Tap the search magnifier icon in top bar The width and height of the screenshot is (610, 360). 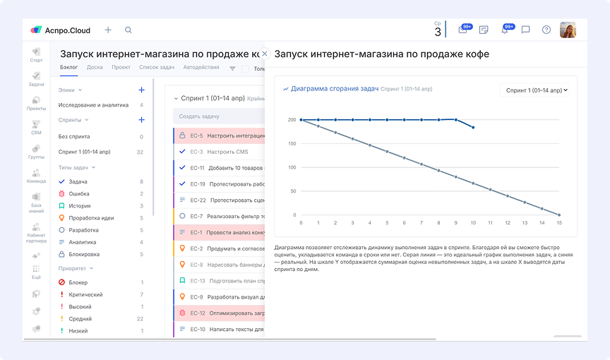tap(128, 30)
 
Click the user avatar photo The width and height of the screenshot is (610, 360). tap(568, 30)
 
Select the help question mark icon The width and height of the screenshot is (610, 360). tap(546, 30)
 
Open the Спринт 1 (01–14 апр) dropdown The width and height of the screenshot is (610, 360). tap(537, 90)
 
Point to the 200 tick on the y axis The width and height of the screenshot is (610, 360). tap(292, 120)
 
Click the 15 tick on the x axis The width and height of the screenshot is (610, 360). tap(559, 222)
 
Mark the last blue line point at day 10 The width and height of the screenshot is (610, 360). tap(473, 128)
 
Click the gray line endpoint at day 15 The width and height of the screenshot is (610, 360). tap(559, 215)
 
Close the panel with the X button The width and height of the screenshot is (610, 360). tap(265, 54)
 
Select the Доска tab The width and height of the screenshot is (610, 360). tap(95, 68)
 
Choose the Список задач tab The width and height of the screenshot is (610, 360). tap(157, 68)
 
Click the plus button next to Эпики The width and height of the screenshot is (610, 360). tap(141, 90)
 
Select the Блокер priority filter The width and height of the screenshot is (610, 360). tap(78, 282)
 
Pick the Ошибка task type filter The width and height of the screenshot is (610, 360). tap(78, 193)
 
